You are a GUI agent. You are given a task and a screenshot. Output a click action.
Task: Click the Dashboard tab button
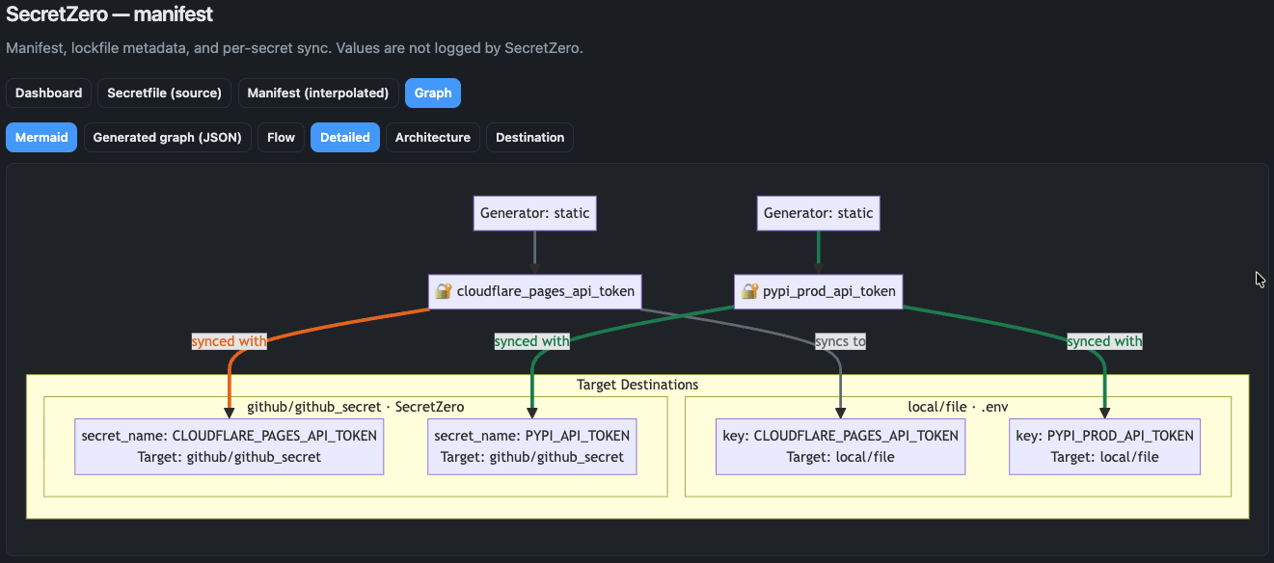[x=48, y=93]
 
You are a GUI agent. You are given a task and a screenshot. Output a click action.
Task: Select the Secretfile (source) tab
[x=164, y=93]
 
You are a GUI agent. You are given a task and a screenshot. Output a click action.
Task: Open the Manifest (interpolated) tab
[x=317, y=93]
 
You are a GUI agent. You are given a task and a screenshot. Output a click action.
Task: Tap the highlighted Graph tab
[x=433, y=93]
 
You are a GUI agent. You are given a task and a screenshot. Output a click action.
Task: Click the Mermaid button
[x=41, y=137]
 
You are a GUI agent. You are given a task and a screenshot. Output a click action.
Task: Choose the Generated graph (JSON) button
[x=167, y=137]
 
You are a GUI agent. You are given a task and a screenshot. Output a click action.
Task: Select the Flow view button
[x=281, y=137]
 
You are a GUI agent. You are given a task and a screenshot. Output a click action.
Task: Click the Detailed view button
[x=344, y=137]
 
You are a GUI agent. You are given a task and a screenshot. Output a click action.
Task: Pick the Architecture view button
[x=432, y=137]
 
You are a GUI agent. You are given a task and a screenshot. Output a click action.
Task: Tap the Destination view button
[x=529, y=137]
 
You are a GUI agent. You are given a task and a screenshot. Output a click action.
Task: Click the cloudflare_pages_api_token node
[x=535, y=291]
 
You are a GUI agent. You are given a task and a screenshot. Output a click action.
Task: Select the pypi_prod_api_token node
[x=818, y=291]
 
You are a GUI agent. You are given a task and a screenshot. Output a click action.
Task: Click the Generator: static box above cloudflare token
[x=534, y=213]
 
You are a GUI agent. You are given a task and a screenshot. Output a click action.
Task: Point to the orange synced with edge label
[x=229, y=341]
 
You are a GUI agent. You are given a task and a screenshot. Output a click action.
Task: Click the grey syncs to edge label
[x=839, y=341]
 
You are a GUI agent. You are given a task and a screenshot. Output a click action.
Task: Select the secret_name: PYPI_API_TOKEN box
[x=531, y=446]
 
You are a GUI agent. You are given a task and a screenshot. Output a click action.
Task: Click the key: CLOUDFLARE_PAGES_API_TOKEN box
[x=840, y=446]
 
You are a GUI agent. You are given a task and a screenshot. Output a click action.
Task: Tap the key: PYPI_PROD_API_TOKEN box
[x=1104, y=446]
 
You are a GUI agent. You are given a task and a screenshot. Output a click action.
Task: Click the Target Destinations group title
[x=637, y=385]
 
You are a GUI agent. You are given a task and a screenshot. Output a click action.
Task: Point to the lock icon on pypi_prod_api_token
[x=750, y=291]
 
